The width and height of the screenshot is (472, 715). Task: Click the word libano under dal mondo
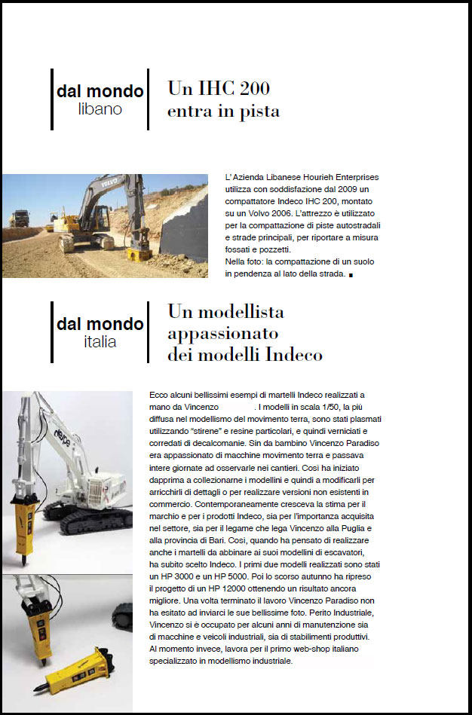[100, 110]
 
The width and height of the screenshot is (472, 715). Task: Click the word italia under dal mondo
[100, 342]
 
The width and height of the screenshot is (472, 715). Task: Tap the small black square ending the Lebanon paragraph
[351, 277]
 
